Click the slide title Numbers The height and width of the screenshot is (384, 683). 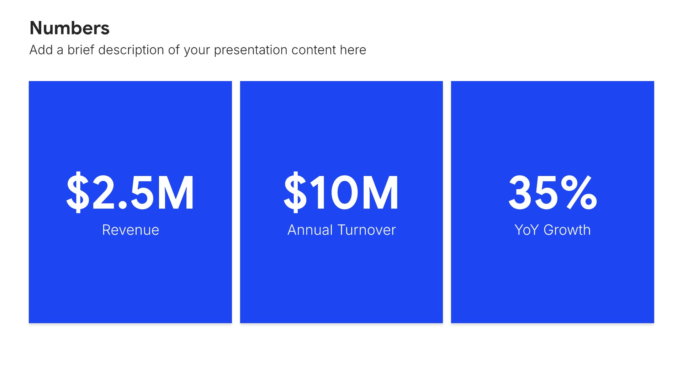point(69,28)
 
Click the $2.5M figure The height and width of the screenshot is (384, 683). point(130,192)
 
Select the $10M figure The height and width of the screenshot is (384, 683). point(341,192)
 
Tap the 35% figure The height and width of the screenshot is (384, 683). point(552,192)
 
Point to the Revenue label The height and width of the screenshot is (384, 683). point(131,230)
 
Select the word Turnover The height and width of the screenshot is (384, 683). point(366,230)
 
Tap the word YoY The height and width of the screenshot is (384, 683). point(527,230)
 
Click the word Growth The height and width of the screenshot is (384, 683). point(567,230)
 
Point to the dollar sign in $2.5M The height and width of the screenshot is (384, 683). point(78,192)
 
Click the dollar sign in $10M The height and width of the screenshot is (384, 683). point(295,192)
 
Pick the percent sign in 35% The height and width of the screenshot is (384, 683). point(579,192)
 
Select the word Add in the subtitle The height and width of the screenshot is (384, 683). point(41,50)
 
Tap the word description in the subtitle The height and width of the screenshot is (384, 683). point(131,50)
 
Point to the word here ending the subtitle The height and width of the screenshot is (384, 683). point(353,50)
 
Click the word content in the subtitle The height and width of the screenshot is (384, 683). point(313,50)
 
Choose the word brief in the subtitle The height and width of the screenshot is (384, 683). point(81,50)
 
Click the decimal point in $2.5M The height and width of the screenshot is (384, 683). point(123,206)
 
